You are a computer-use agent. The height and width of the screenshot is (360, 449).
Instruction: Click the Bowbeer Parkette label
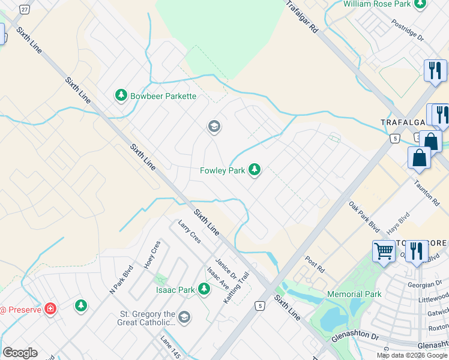(163, 96)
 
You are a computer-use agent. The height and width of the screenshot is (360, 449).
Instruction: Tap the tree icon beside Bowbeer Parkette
(121, 95)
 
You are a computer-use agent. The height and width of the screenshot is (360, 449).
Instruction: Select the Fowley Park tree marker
(255, 170)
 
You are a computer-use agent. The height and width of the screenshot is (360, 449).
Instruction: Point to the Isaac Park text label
(175, 290)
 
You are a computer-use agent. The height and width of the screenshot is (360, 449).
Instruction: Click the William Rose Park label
(377, 4)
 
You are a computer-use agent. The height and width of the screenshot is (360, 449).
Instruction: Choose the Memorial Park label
(354, 294)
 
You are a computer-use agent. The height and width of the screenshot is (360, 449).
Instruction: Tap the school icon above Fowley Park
(213, 127)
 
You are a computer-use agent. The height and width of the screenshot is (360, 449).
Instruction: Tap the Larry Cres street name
(189, 232)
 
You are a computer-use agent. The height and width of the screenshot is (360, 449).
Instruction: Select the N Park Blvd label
(119, 281)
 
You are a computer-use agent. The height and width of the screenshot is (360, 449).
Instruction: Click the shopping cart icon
(384, 251)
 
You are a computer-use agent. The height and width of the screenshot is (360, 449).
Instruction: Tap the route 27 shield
(24, 9)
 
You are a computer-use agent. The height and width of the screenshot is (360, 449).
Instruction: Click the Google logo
(20, 353)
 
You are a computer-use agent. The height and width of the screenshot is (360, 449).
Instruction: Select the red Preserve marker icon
(50, 310)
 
